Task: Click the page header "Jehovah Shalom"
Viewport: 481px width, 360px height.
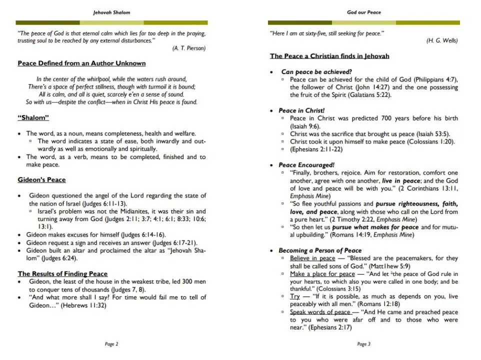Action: pyautogui.click(x=112, y=12)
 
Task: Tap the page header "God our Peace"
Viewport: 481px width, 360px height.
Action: pyautogui.click(x=364, y=12)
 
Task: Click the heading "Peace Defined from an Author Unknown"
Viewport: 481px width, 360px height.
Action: pyautogui.click(x=81, y=63)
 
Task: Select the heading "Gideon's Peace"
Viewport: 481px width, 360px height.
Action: pyautogui.click(x=41, y=179)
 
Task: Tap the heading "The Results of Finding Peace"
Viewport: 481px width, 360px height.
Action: pyautogui.click(x=62, y=273)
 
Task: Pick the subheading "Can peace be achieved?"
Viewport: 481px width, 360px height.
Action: pyautogui.click(x=316, y=72)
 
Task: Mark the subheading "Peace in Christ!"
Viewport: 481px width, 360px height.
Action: pyautogui.click(x=302, y=110)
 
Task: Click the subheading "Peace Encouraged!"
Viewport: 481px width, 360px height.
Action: pyautogui.click(x=306, y=164)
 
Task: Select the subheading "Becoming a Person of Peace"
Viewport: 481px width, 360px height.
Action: pyautogui.click(x=320, y=250)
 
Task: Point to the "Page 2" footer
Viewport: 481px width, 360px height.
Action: pyautogui.click(x=112, y=344)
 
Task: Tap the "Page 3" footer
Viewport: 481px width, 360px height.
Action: pyautogui.click(x=364, y=344)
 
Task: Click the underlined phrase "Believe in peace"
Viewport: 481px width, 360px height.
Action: pyautogui.click(x=312, y=258)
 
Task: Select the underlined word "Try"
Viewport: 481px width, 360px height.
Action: pyautogui.click(x=294, y=296)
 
